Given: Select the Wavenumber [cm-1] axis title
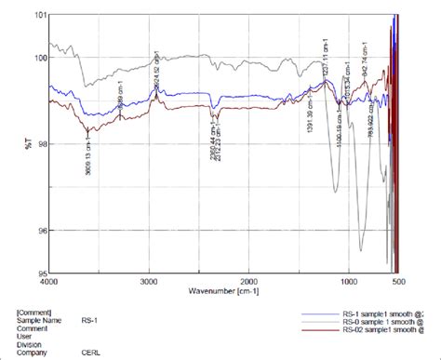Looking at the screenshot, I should (223, 292).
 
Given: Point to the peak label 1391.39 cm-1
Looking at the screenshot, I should (308, 125).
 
